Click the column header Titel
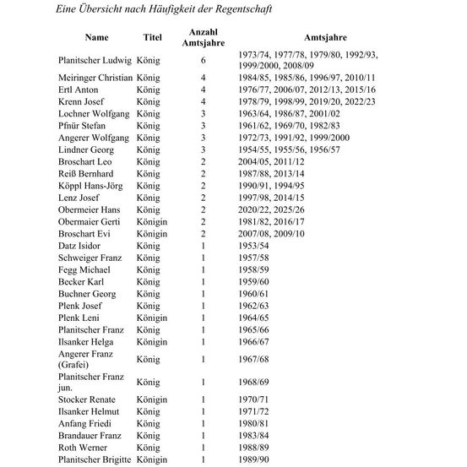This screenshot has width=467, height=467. [152, 38]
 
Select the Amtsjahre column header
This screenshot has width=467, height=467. [323, 38]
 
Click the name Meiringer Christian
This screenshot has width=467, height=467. [96, 78]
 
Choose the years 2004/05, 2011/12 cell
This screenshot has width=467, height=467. [272, 160]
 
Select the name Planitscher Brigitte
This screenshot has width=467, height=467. [95, 459]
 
